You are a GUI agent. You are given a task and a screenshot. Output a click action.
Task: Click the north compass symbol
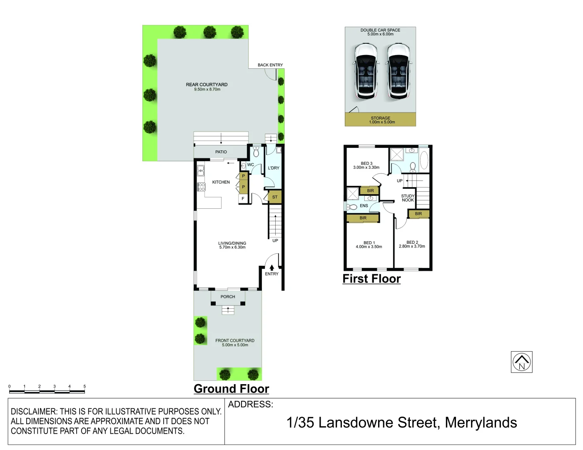[521, 362]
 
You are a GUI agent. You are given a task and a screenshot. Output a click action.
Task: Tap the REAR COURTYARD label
[207, 85]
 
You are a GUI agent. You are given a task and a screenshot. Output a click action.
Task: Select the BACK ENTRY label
[270, 65]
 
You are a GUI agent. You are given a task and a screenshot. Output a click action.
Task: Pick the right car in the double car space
[399, 71]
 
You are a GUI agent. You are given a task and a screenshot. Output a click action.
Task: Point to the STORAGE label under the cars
[381, 118]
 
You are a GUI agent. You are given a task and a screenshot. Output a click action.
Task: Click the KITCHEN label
[221, 182]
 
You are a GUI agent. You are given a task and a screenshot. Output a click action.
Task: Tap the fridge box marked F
[243, 199]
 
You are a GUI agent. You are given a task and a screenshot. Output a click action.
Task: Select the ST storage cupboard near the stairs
[275, 197]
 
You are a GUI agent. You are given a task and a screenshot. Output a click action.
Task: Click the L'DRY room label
[274, 168]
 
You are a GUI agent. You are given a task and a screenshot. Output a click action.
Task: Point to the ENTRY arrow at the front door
[272, 267]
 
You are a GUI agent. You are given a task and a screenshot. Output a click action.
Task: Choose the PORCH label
[228, 297]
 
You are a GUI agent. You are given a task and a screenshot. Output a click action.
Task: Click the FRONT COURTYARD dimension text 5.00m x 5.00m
[235, 345]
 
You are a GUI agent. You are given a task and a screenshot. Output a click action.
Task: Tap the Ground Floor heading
[231, 389]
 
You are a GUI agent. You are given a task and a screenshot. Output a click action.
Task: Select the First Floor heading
[371, 279]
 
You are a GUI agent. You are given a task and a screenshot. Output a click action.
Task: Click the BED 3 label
[366, 163]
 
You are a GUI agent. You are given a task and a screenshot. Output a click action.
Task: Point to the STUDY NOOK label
[408, 198]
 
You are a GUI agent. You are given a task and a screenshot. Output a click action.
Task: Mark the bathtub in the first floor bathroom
[424, 160]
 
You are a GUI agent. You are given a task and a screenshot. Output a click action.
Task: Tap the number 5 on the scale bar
[85, 387]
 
